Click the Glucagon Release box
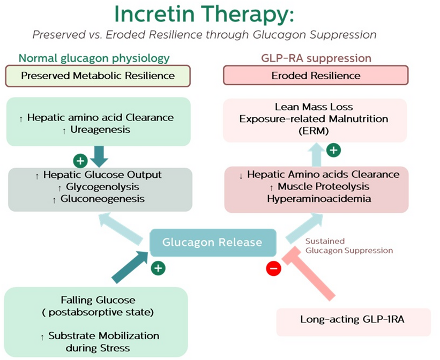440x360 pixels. (x=213, y=242)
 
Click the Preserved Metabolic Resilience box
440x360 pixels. (x=98, y=76)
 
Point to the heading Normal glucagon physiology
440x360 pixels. (x=94, y=58)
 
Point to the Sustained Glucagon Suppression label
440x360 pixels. (x=349, y=246)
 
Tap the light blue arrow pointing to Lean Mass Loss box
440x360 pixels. (x=316, y=155)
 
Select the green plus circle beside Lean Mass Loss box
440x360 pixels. (x=333, y=149)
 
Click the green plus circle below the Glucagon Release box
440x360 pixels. (x=158, y=267)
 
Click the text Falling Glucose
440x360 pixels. (x=98, y=300)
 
